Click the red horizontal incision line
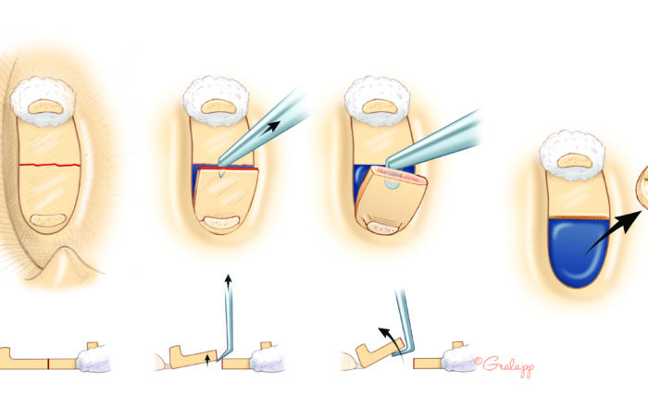click(x=50, y=166)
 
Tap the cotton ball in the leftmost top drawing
click(x=43, y=101)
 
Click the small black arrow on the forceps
click(x=270, y=126)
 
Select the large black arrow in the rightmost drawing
click(x=614, y=231)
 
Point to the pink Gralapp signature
click(x=505, y=365)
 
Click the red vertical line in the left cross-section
click(x=48, y=364)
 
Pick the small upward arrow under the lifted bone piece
click(x=207, y=360)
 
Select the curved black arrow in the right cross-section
click(x=393, y=340)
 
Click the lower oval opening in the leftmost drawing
click(x=48, y=220)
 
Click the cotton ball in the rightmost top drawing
click(x=572, y=155)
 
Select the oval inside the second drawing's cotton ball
click(x=218, y=107)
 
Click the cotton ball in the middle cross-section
click(x=268, y=358)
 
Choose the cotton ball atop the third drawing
click(x=377, y=101)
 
